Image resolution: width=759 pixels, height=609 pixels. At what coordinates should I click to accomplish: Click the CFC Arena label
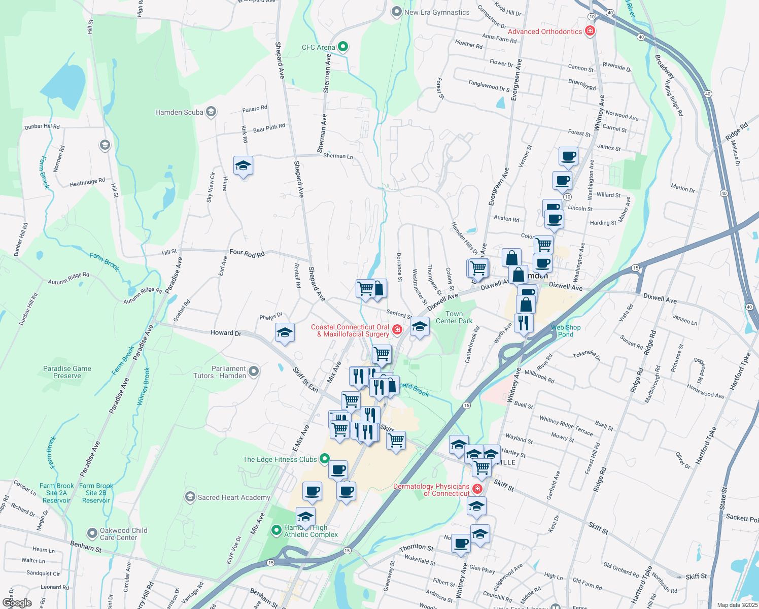coord(318,47)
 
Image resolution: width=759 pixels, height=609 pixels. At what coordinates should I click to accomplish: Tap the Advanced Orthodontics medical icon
coord(590,31)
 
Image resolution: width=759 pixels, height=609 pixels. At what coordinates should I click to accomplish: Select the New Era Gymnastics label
coord(437,12)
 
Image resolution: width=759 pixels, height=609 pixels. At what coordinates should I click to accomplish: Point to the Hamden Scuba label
coord(179,112)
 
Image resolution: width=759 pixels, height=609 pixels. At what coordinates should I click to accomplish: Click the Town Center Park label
coord(454,317)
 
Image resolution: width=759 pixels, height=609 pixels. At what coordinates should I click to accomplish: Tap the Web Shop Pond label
coord(566,331)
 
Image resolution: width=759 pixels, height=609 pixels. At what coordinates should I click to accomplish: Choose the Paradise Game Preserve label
coord(67,372)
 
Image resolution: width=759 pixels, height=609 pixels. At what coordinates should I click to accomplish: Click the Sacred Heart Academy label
coord(234,497)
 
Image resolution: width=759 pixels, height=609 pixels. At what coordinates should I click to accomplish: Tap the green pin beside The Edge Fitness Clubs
coord(325,459)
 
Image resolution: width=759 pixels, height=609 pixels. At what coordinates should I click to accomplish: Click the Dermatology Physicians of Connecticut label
coord(431,490)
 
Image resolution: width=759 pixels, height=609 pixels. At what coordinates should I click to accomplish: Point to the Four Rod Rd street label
coord(247,253)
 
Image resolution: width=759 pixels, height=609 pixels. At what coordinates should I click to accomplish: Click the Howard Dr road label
coord(226,333)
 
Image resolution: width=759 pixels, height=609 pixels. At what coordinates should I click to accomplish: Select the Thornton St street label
coord(416,548)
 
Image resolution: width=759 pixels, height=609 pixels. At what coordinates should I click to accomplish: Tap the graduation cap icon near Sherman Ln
coord(243,166)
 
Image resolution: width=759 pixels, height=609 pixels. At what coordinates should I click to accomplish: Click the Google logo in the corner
coord(17,602)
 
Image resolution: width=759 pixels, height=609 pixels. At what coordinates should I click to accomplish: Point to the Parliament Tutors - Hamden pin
coord(254,371)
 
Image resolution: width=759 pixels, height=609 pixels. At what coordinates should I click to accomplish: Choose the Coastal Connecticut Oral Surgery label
coord(350,330)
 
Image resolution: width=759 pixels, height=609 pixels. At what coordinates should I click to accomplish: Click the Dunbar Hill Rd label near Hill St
coord(42,126)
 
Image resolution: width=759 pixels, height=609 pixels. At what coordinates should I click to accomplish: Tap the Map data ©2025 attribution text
coord(737,605)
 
